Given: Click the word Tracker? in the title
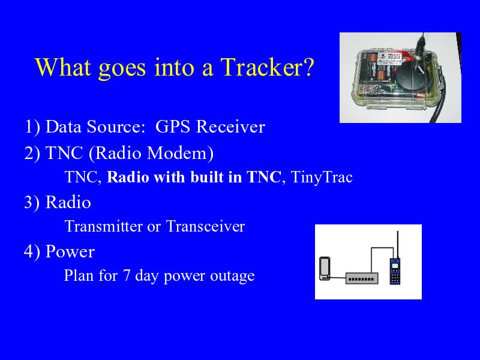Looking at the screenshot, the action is (x=267, y=67).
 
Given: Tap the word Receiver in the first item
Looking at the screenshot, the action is (x=230, y=127).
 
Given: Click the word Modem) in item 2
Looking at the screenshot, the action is (x=180, y=153).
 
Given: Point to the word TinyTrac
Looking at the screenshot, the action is (x=322, y=177).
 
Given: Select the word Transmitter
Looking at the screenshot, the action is (x=103, y=226).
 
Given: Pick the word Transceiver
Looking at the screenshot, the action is (x=205, y=226).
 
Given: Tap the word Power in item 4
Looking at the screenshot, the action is (x=70, y=251).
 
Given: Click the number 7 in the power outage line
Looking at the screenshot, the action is (x=127, y=275).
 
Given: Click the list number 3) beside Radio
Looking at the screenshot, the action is (x=32, y=202).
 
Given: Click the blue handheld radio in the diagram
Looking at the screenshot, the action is (x=395, y=271).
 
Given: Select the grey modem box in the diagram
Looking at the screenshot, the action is (x=362, y=278).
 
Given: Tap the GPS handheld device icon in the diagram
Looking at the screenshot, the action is (x=325, y=268).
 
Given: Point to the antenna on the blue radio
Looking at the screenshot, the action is (x=398, y=245).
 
